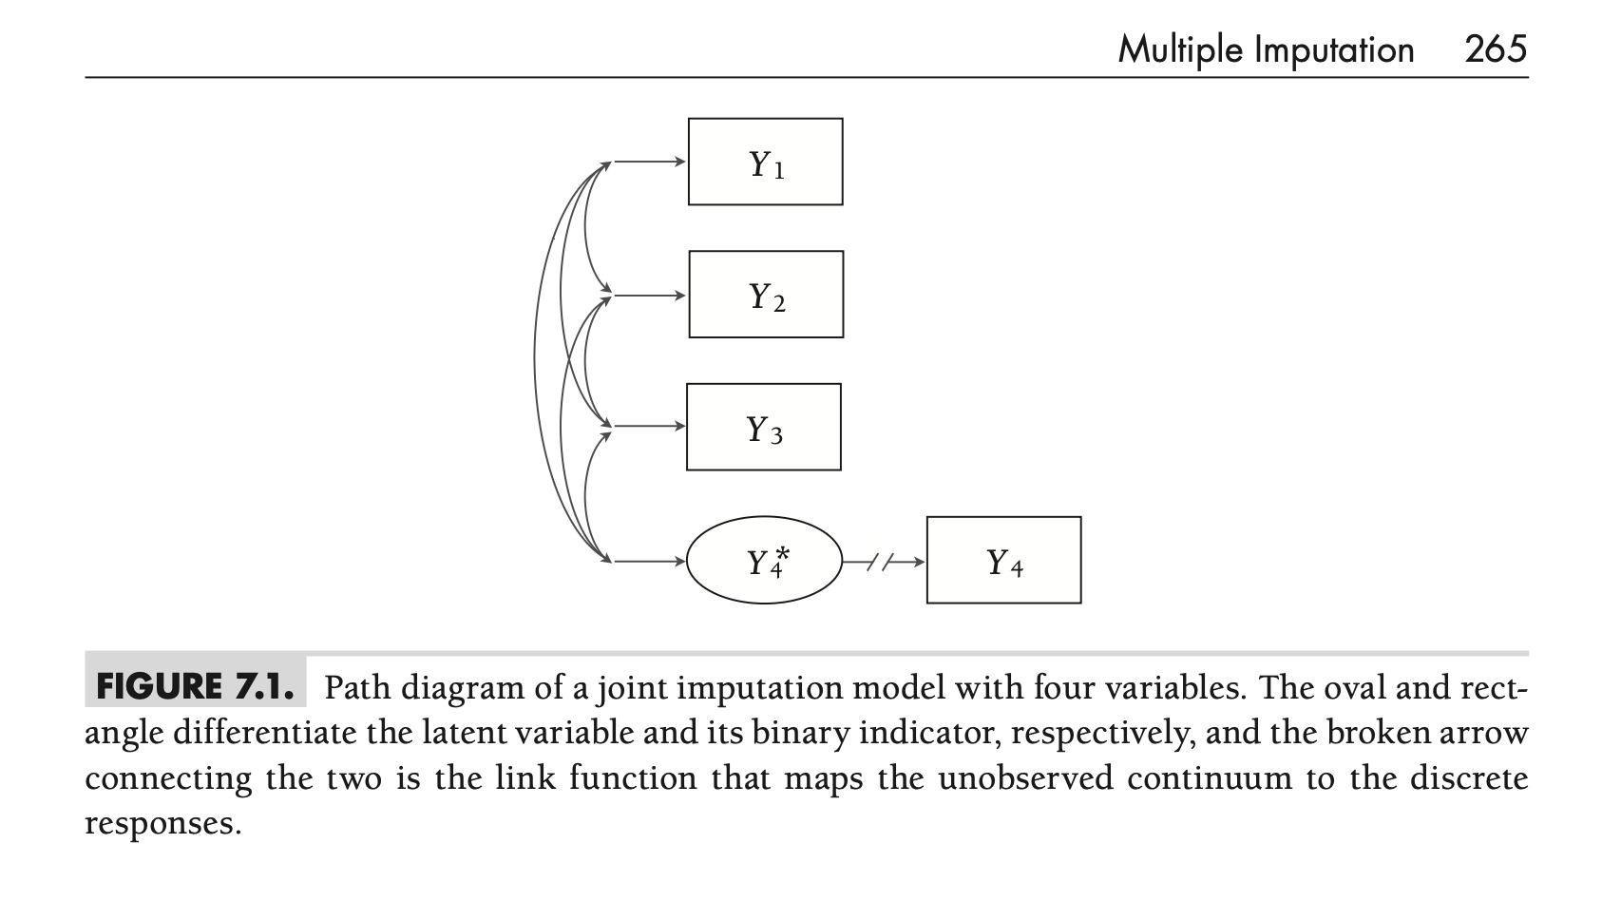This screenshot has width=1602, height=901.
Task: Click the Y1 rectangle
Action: click(x=765, y=162)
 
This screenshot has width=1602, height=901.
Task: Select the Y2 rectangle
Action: click(x=766, y=295)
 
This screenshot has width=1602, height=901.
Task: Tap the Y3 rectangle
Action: click(x=764, y=427)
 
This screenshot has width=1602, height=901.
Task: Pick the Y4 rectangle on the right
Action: click(x=1003, y=561)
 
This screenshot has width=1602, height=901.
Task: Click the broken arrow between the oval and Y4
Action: click(x=884, y=562)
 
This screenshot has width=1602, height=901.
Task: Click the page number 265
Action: click(x=1496, y=48)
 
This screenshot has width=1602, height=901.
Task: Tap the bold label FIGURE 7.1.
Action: click(x=196, y=686)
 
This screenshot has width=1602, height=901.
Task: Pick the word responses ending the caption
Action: click(x=162, y=823)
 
